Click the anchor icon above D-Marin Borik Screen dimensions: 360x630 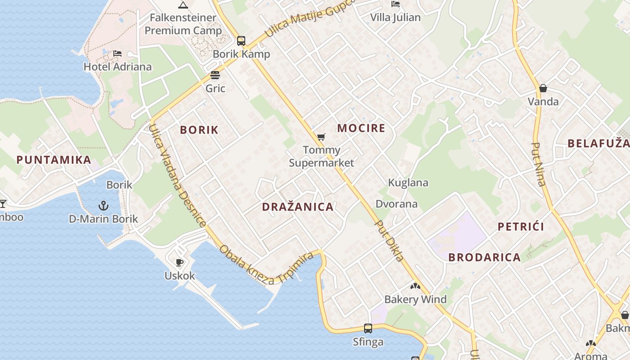pos(103,206)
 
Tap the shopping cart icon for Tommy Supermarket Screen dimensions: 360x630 pos(321,137)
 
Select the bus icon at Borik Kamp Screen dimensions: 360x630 pos(241,41)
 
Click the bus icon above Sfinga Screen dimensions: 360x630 pos(368,328)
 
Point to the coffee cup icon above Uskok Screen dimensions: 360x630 pos(180,262)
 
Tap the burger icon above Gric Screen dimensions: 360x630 pos(215,75)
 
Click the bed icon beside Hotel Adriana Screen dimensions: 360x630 pos(117,54)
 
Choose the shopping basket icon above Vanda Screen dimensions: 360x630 pos(543,88)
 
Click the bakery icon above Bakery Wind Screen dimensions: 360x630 pos(415,286)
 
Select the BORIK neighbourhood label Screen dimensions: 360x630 pos(199,130)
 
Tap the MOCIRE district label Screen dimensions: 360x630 pos(361,128)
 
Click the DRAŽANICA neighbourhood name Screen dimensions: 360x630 pos(298,207)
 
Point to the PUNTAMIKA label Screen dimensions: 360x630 pos(54,160)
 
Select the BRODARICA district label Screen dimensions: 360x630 pos(485,257)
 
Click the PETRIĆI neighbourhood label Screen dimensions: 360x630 pos(521,226)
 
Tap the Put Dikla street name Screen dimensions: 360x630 pos(389,241)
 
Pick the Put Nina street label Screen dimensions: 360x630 pos(539,164)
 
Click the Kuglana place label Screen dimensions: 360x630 pos(408,183)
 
